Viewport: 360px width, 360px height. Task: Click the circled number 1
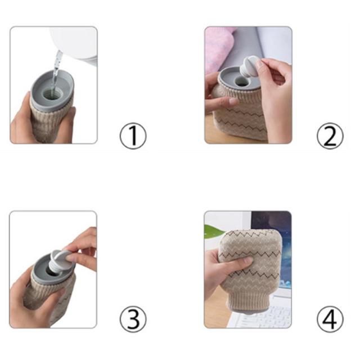click(133, 136)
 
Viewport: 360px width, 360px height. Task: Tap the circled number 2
click(330, 136)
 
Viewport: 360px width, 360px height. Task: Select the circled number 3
click(133, 319)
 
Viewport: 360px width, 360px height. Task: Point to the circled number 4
click(330, 319)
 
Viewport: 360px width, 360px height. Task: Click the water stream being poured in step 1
click(56, 69)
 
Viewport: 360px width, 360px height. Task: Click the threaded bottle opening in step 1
click(51, 94)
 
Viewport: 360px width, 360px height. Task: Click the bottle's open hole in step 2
click(241, 81)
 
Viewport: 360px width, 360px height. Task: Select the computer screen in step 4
click(272, 248)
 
